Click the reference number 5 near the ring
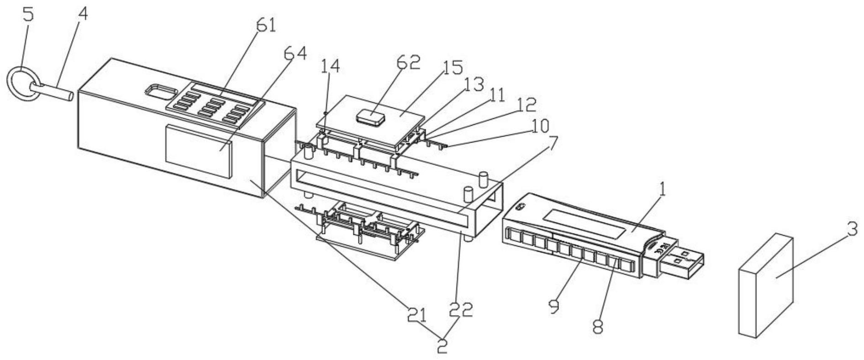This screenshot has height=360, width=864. tap(29, 14)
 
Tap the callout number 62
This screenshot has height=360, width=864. tap(409, 62)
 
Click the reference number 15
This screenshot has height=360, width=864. tap(452, 68)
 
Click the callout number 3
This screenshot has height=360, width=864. tap(852, 229)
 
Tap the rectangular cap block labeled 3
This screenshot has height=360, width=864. tap(766, 286)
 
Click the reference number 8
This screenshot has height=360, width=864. tap(598, 326)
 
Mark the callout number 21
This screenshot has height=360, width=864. tap(416, 315)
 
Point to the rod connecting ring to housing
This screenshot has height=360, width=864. tap(53, 90)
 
